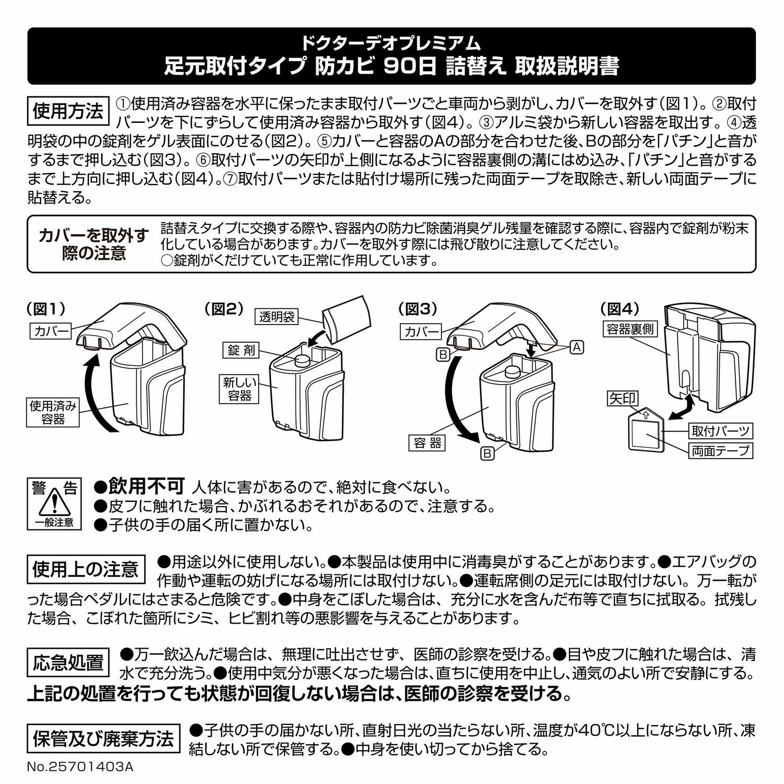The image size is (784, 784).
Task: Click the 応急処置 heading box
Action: pyautogui.click(x=68, y=662)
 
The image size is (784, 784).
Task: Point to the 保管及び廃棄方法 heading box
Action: pyautogui.click(x=103, y=739)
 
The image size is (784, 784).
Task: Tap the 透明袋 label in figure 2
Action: pyautogui.click(x=276, y=317)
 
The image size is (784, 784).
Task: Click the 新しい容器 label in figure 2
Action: pyautogui.click(x=240, y=389)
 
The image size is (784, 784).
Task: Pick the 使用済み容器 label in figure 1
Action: pyautogui.click(x=53, y=412)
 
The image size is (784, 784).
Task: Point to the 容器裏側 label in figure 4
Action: pyautogui.click(x=630, y=329)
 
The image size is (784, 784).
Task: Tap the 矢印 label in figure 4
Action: pyautogui.click(x=622, y=399)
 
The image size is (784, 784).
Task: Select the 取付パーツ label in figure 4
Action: pyautogui.click(x=721, y=431)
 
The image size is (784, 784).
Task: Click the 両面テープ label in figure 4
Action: pyautogui.click(x=721, y=451)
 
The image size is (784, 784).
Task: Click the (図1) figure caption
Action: pyautogui.click(x=46, y=309)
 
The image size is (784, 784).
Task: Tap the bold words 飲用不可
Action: pyautogui.click(x=146, y=487)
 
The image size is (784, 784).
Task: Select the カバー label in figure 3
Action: pyautogui.click(x=420, y=331)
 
